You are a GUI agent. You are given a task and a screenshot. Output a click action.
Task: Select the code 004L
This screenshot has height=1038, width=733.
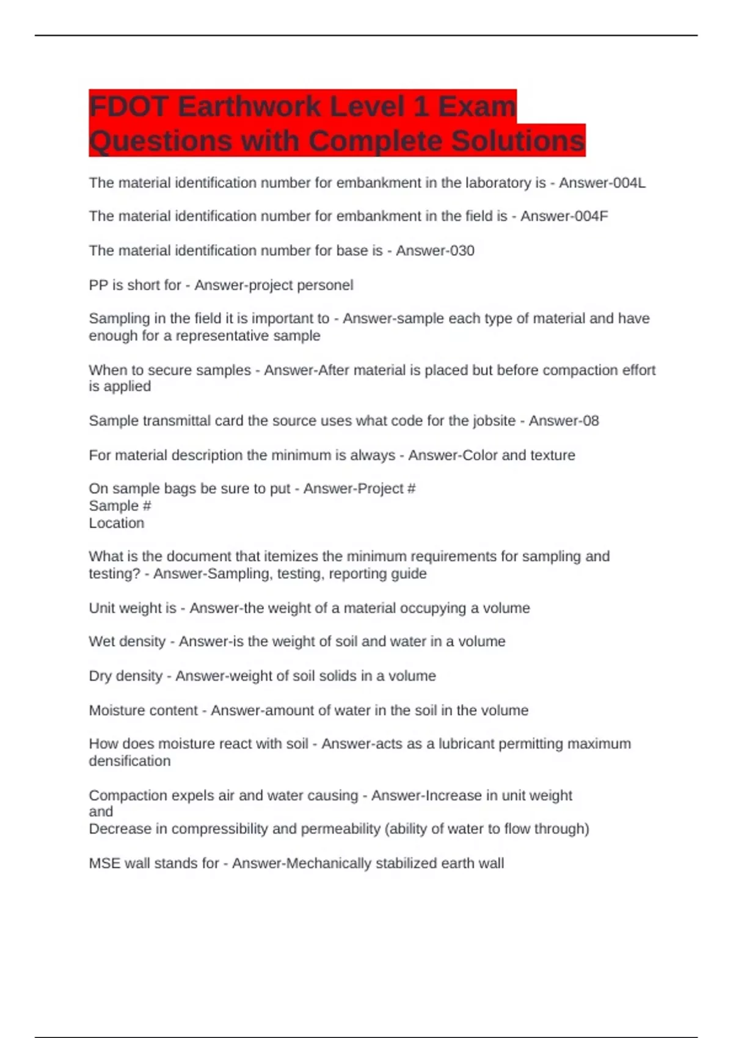[629, 183]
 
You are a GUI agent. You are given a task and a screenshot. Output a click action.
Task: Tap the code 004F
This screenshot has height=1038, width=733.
[592, 216]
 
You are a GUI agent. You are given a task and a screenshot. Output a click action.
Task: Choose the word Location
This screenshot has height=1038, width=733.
[116, 523]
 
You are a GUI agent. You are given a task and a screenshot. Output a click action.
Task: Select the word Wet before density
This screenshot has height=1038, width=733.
[103, 642]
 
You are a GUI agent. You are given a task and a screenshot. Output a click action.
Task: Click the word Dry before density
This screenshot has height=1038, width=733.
[101, 676]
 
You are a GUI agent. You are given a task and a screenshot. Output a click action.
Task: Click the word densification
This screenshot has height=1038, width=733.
[129, 761]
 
